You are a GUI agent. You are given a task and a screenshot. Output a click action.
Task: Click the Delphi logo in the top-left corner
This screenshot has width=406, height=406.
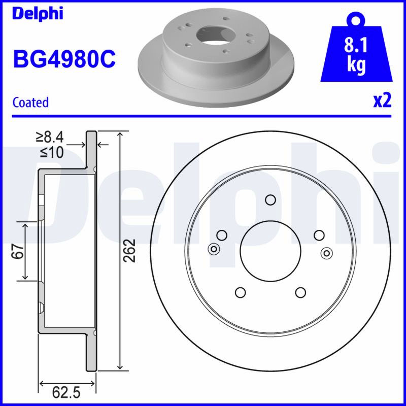click(38, 14)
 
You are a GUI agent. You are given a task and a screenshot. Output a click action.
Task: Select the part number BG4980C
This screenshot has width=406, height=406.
click(64, 59)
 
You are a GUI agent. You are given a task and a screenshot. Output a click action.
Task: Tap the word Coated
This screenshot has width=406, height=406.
click(30, 102)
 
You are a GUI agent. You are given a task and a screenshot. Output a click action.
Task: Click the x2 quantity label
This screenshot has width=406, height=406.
click(382, 100)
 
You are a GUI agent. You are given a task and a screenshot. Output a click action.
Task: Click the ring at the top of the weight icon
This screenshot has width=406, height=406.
click(356, 19)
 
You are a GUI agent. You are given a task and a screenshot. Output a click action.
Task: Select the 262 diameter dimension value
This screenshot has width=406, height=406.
click(129, 250)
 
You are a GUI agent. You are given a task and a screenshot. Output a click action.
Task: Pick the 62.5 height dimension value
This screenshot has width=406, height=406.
click(66, 392)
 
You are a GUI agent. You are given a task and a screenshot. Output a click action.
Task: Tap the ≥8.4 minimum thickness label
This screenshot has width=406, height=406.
click(50, 138)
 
